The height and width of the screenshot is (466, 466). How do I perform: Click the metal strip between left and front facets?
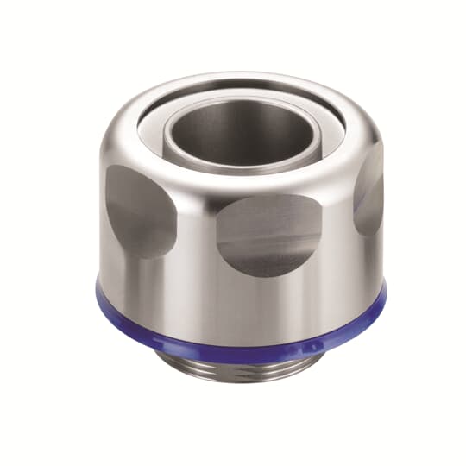tap(194, 229)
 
